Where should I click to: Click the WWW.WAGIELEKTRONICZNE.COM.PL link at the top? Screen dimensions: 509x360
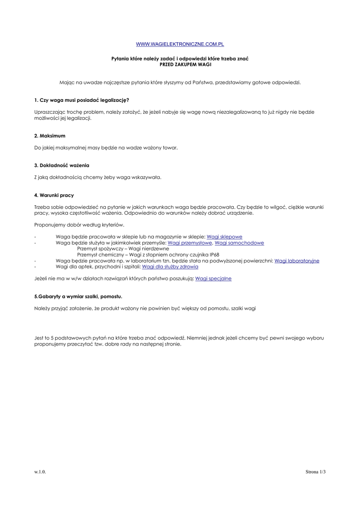click(x=180, y=45)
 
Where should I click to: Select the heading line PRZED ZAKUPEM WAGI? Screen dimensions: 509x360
click(x=180, y=65)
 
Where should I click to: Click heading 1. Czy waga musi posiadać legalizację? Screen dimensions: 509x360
click(x=82, y=100)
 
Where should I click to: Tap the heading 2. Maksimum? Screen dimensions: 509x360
click(x=50, y=136)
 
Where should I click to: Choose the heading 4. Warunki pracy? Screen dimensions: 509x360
click(x=54, y=195)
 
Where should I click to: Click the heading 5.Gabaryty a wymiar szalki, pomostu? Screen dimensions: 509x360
click(x=78, y=296)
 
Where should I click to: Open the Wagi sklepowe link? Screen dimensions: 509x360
click(x=224, y=237)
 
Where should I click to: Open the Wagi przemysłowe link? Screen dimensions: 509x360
click(x=190, y=243)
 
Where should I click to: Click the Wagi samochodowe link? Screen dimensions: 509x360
click(x=239, y=243)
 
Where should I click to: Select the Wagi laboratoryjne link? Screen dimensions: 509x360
click(x=296, y=260)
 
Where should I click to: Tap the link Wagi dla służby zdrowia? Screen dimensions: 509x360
click(x=170, y=267)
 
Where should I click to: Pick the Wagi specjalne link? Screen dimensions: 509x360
click(x=213, y=279)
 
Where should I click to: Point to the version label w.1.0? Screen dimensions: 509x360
click(x=40, y=472)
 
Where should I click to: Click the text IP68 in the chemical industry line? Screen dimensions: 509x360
click(x=213, y=254)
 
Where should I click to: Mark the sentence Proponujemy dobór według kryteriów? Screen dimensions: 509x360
click(x=79, y=225)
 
